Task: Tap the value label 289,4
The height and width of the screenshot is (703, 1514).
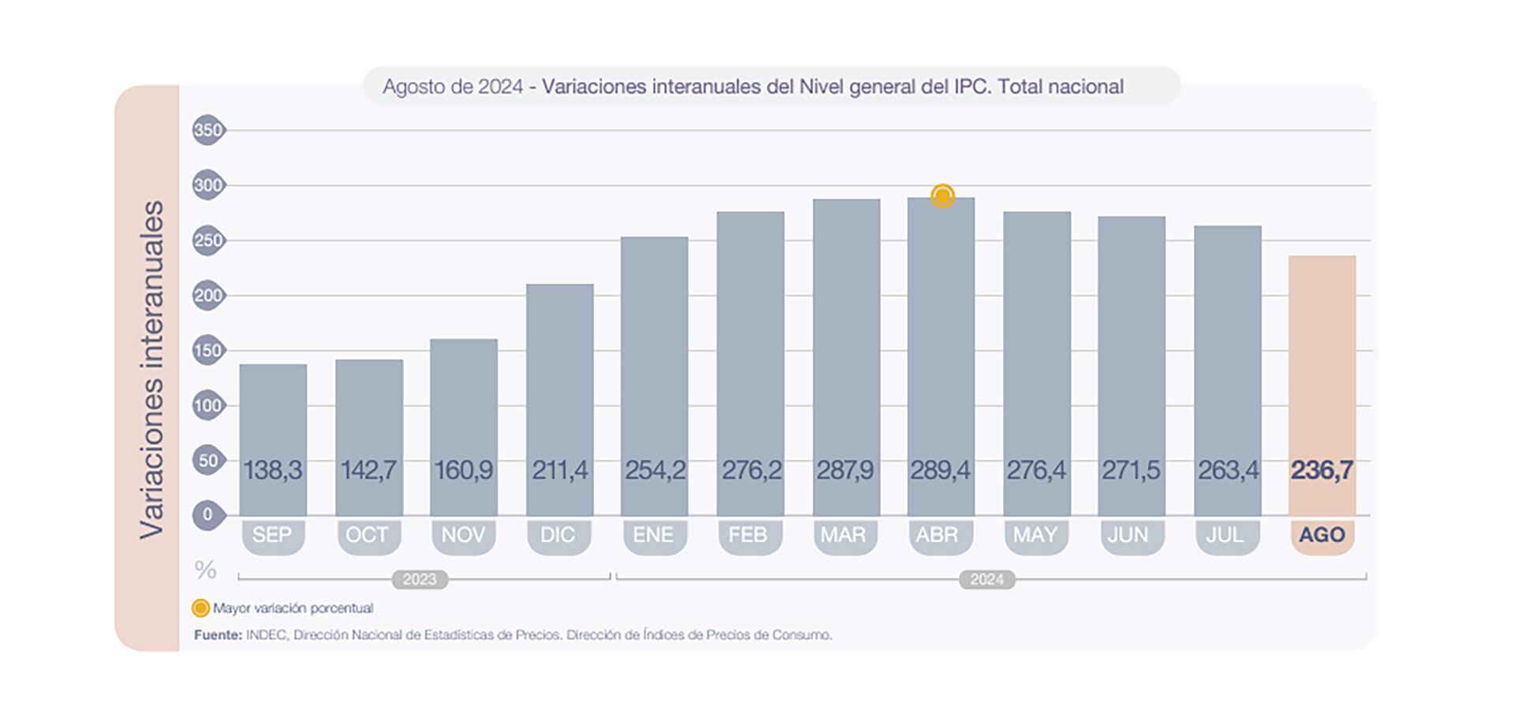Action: [940, 471]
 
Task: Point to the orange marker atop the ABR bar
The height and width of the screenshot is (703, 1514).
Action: [942, 195]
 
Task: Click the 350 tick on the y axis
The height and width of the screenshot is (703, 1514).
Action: [207, 130]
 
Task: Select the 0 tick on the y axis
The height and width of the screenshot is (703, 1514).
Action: [207, 515]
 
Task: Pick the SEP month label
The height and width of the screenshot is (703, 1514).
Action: [272, 535]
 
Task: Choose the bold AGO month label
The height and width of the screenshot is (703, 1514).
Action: [1322, 535]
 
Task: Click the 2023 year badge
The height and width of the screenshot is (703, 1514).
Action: [420, 580]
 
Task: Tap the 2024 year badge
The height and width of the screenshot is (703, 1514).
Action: [986, 580]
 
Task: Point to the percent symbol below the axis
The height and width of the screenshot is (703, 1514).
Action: [205, 569]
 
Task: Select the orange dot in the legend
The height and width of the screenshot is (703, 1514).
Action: [201, 608]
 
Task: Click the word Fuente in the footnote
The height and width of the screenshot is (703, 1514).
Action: [217, 634]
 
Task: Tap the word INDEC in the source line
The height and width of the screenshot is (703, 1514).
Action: [267, 634]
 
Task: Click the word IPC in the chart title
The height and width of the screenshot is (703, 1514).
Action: [971, 87]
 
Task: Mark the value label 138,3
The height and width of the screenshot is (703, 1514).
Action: [273, 471]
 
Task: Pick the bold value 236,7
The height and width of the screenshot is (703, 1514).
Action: [1322, 471]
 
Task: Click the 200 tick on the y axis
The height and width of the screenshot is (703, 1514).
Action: [207, 296]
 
